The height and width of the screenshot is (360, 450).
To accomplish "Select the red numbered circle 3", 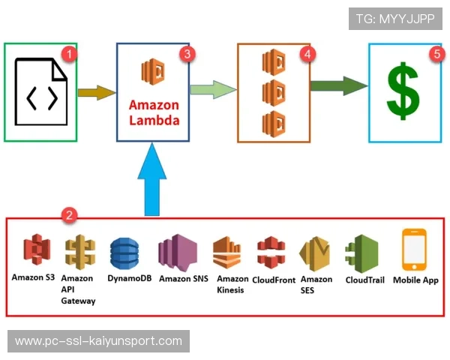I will pos(188,54).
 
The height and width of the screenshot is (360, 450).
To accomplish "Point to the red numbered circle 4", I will pos(306,54).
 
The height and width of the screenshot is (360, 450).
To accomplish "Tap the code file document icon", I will pos(40,93).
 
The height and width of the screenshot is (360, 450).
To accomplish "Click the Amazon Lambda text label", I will pos(154,112).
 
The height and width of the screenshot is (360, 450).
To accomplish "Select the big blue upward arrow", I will pos(152,179).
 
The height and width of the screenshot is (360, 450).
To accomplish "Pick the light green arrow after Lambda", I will pos(213,90).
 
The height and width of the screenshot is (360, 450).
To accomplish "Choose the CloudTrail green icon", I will pos(364,254).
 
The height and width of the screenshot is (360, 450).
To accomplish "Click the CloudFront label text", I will pos(273,280).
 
